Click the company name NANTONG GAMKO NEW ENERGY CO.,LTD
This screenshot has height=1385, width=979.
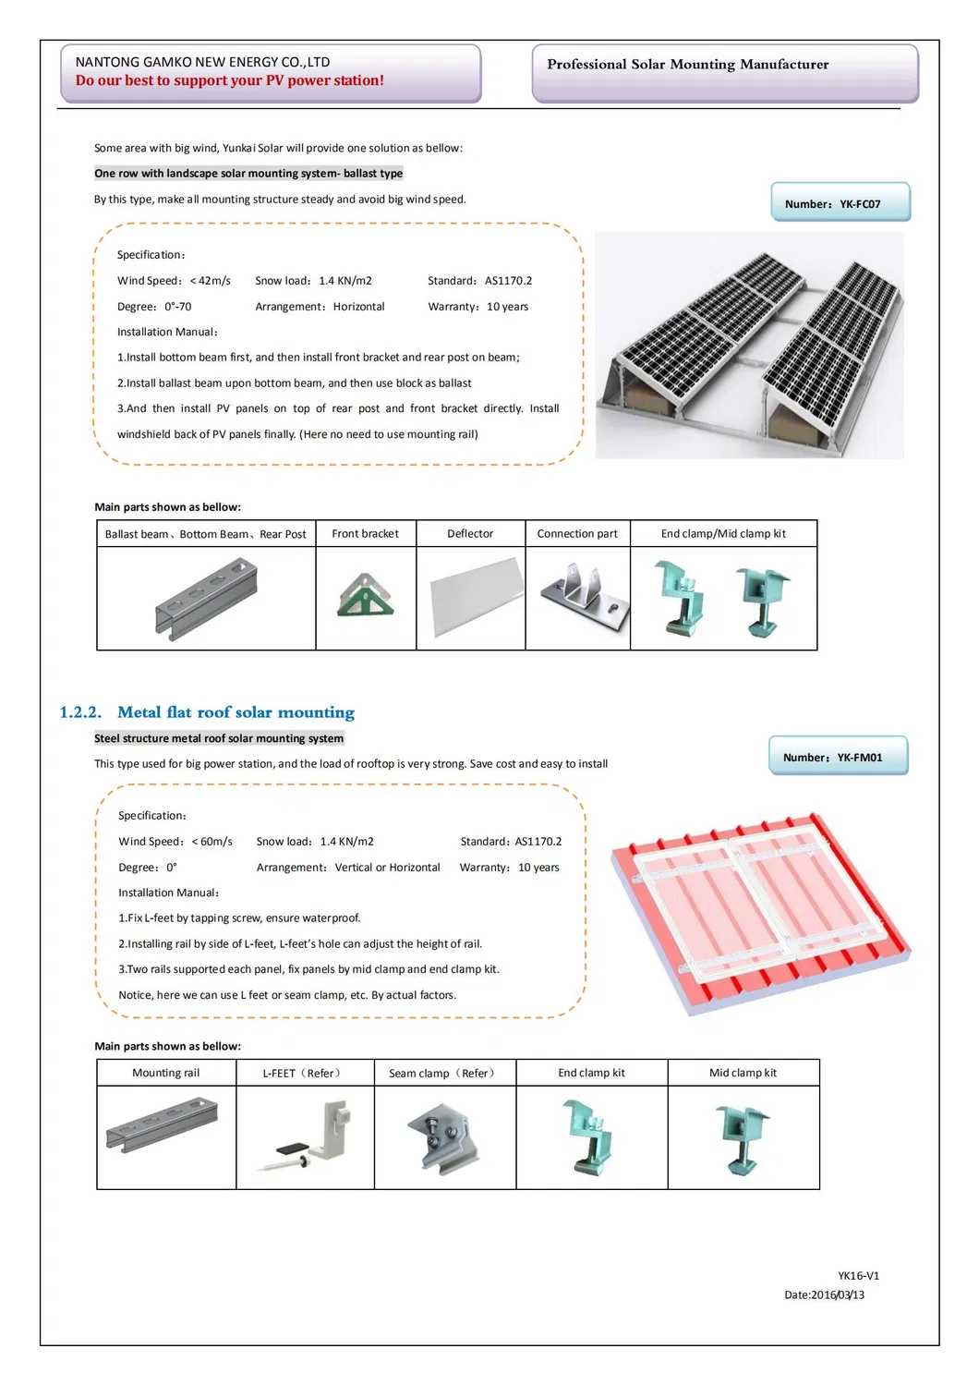click(202, 62)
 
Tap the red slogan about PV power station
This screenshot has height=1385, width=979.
click(229, 80)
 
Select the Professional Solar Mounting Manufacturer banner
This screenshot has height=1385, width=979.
click(687, 65)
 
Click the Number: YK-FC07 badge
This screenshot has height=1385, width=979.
click(840, 203)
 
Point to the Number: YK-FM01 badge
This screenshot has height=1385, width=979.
click(839, 757)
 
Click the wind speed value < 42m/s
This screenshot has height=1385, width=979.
click(211, 281)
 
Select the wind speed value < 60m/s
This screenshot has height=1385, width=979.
click(212, 842)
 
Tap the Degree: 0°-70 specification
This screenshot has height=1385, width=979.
click(154, 307)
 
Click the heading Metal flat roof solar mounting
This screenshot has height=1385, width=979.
click(236, 712)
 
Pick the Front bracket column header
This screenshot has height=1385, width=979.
click(365, 534)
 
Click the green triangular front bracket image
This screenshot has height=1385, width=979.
click(366, 595)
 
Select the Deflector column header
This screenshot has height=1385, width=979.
click(470, 534)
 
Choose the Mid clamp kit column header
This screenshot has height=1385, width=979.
click(743, 1073)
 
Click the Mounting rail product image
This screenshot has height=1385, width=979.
click(163, 1124)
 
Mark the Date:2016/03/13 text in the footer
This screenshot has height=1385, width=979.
click(824, 1295)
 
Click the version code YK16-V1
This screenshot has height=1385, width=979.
click(858, 1276)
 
